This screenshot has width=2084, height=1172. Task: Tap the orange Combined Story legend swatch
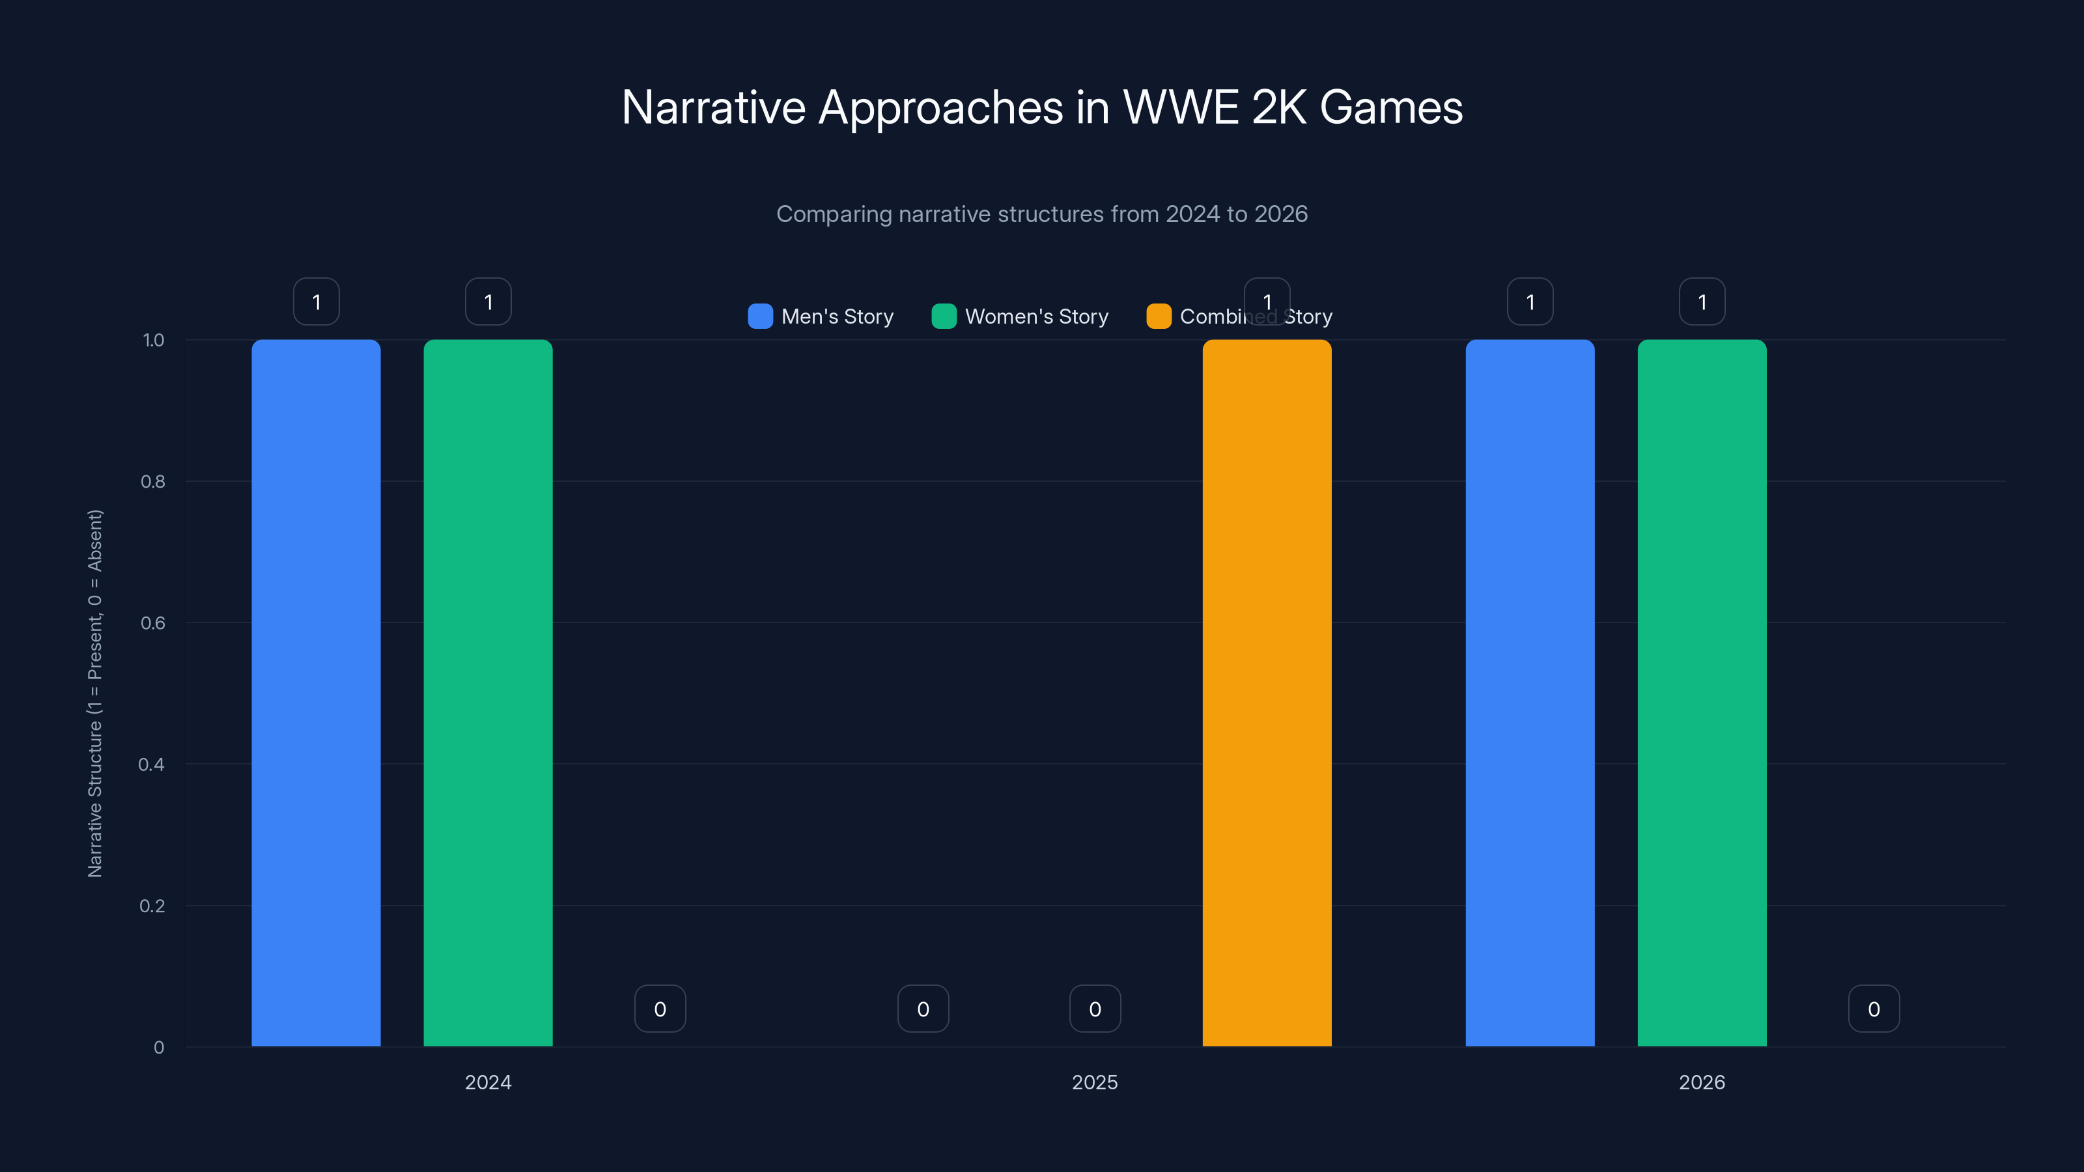pos(1159,316)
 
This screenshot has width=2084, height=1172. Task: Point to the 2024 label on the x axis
pos(488,1082)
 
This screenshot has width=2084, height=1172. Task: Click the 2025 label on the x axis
pos(1095,1082)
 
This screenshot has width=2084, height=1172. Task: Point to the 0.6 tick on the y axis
pos(153,623)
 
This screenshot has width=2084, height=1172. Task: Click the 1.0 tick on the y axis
pos(153,341)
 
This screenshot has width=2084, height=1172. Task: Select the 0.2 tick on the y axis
pos(152,906)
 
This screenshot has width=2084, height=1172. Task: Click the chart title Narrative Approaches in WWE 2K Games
pos(1042,107)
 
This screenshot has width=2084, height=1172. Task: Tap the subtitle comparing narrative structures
pos(1042,214)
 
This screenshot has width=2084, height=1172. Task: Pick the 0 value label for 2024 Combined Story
pos(660,1009)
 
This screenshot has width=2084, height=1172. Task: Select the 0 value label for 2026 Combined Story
pos(1874,1009)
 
